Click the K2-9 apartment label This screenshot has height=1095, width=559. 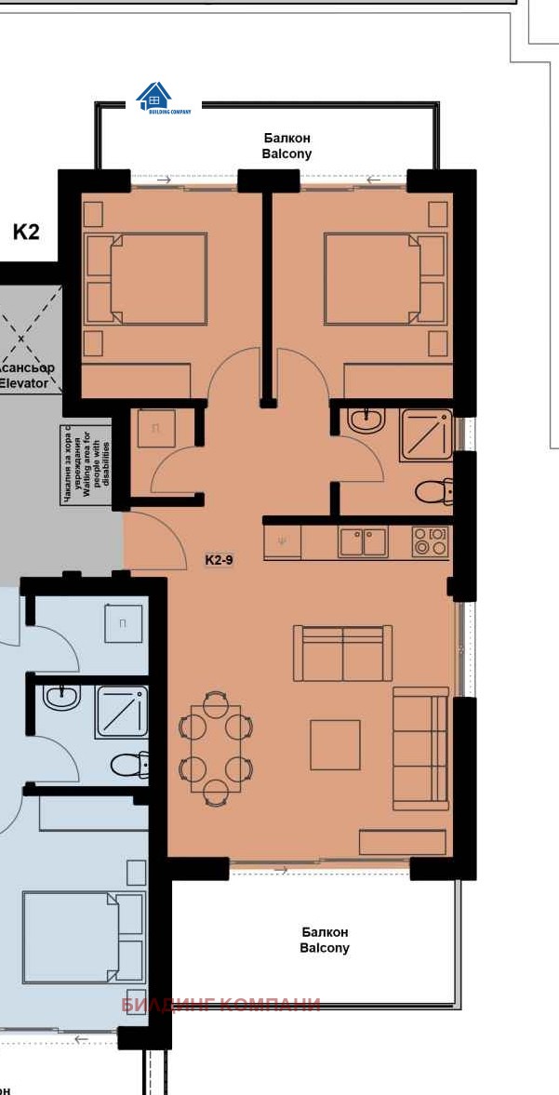(x=219, y=560)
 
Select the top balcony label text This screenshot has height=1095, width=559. (x=286, y=146)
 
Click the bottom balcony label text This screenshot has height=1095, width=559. (x=325, y=940)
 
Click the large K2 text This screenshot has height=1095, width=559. (x=26, y=232)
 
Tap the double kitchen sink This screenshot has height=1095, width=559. (x=363, y=541)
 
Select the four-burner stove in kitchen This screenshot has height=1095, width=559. (x=430, y=541)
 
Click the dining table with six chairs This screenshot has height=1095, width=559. (x=215, y=748)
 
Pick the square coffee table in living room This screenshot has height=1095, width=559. (x=335, y=744)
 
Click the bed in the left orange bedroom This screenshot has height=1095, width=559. (x=147, y=279)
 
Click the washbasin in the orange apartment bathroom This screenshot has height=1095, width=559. (x=366, y=421)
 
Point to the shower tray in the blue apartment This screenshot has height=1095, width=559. (x=122, y=712)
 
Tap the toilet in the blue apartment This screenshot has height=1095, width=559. (x=129, y=766)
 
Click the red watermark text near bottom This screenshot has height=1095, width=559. (x=220, y=1005)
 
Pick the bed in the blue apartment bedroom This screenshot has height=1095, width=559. (x=84, y=937)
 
